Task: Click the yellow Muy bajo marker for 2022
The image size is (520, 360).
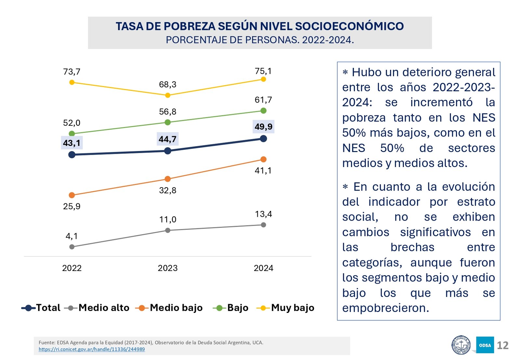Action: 72,82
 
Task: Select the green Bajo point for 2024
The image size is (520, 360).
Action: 264,111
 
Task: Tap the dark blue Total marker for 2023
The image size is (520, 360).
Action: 168,151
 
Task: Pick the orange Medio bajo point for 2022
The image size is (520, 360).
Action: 72,195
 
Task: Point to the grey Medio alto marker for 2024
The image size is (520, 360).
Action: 264,225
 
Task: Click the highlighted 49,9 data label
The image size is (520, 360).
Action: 264,127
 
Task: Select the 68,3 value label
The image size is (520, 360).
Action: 168,84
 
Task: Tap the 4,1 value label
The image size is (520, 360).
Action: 71,236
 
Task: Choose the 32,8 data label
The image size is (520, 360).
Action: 168,190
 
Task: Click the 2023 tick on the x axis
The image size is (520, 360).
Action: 168,268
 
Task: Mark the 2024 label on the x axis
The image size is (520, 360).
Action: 264,268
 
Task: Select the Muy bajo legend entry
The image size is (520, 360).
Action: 286,308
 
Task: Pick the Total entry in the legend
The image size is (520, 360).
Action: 41,308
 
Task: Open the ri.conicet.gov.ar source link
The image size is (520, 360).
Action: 92,349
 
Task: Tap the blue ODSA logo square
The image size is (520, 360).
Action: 485,345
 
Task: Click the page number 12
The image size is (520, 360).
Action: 503,345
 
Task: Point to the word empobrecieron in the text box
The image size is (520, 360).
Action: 385,308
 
